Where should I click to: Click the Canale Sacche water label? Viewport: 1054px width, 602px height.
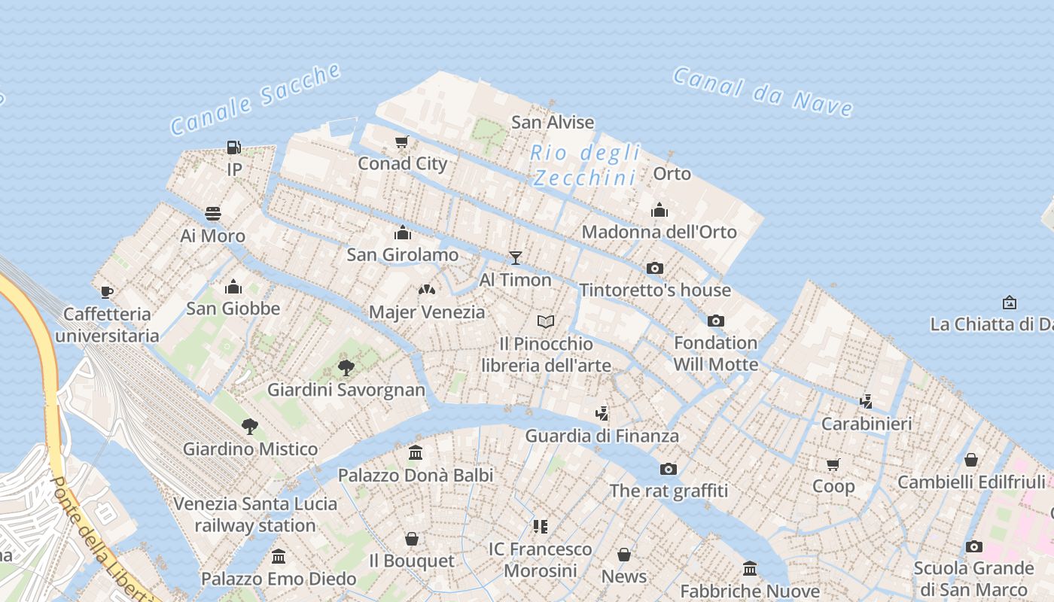[x=256, y=99]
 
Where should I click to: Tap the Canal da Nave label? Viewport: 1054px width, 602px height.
[x=763, y=92]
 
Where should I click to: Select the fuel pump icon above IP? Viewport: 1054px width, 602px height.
[x=234, y=147]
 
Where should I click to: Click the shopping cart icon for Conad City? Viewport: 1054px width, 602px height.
[x=402, y=141]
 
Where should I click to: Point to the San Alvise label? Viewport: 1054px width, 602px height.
[x=553, y=122]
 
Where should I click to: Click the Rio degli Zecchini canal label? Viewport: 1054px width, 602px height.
[x=585, y=165]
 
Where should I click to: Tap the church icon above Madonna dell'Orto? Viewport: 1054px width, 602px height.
[x=660, y=210]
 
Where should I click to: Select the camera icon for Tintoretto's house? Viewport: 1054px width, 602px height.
[x=655, y=268]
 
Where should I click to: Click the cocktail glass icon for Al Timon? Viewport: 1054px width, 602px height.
[x=516, y=258]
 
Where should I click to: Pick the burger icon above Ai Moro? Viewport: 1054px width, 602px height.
[x=213, y=214]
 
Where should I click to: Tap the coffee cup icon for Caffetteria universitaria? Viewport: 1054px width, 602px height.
[x=107, y=292]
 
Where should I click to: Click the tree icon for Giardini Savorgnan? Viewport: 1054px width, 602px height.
[x=346, y=368]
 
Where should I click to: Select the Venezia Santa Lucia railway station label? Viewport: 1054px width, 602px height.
[x=255, y=515]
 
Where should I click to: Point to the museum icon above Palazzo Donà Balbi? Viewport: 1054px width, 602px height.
[x=416, y=453]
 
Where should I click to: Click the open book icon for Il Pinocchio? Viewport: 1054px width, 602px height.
[x=546, y=322]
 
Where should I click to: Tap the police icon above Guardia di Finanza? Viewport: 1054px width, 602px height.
[x=602, y=413]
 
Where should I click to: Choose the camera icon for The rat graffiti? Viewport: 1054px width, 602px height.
[x=669, y=470]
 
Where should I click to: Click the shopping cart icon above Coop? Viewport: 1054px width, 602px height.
[x=833, y=464]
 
